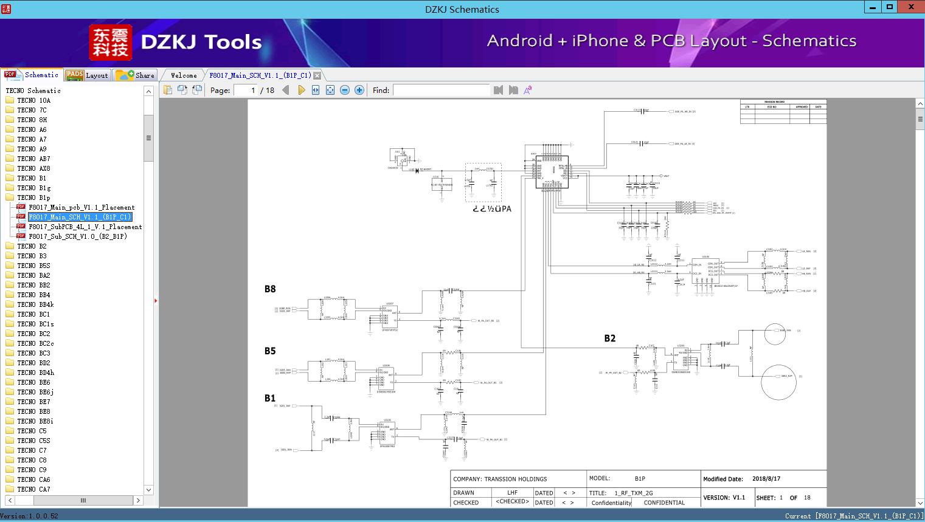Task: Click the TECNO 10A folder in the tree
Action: (33, 100)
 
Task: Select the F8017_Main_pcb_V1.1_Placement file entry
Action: (81, 207)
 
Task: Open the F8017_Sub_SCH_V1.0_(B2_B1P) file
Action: (77, 236)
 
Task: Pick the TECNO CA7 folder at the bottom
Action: (33, 489)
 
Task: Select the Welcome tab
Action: (184, 75)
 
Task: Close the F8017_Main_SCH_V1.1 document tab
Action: (317, 75)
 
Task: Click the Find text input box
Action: (441, 90)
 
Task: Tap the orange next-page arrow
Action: (301, 90)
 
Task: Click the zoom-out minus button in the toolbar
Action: (345, 90)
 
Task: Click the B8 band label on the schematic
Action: (270, 289)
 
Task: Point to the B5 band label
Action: (270, 351)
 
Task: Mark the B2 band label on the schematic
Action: (609, 338)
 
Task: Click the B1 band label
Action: (270, 398)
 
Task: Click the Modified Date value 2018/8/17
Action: (766, 479)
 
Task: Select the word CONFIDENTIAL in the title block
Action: (664, 503)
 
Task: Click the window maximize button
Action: (890, 7)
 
